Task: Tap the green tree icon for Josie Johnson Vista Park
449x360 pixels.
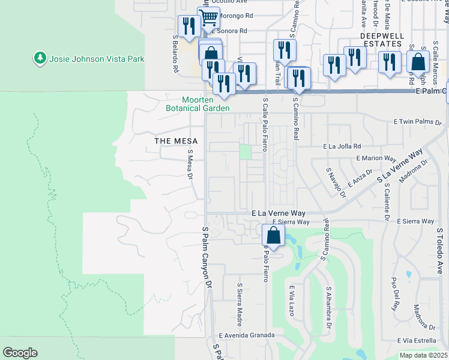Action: pos(40,58)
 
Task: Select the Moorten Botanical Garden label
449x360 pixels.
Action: pos(197,104)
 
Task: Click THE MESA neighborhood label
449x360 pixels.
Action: pos(172,141)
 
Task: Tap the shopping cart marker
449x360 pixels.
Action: pos(208,18)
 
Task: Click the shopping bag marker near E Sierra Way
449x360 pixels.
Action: pos(273,236)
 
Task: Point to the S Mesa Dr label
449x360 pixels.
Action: pos(190,164)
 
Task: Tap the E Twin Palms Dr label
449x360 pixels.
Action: pos(418,122)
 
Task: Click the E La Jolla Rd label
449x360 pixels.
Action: pos(342,146)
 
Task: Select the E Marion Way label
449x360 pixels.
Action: pos(376,158)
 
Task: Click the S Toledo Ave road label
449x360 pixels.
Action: pos(439,250)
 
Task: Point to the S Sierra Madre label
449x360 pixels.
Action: pos(240,301)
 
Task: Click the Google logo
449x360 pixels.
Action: pos(20,352)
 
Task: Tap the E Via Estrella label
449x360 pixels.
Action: pos(417,341)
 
